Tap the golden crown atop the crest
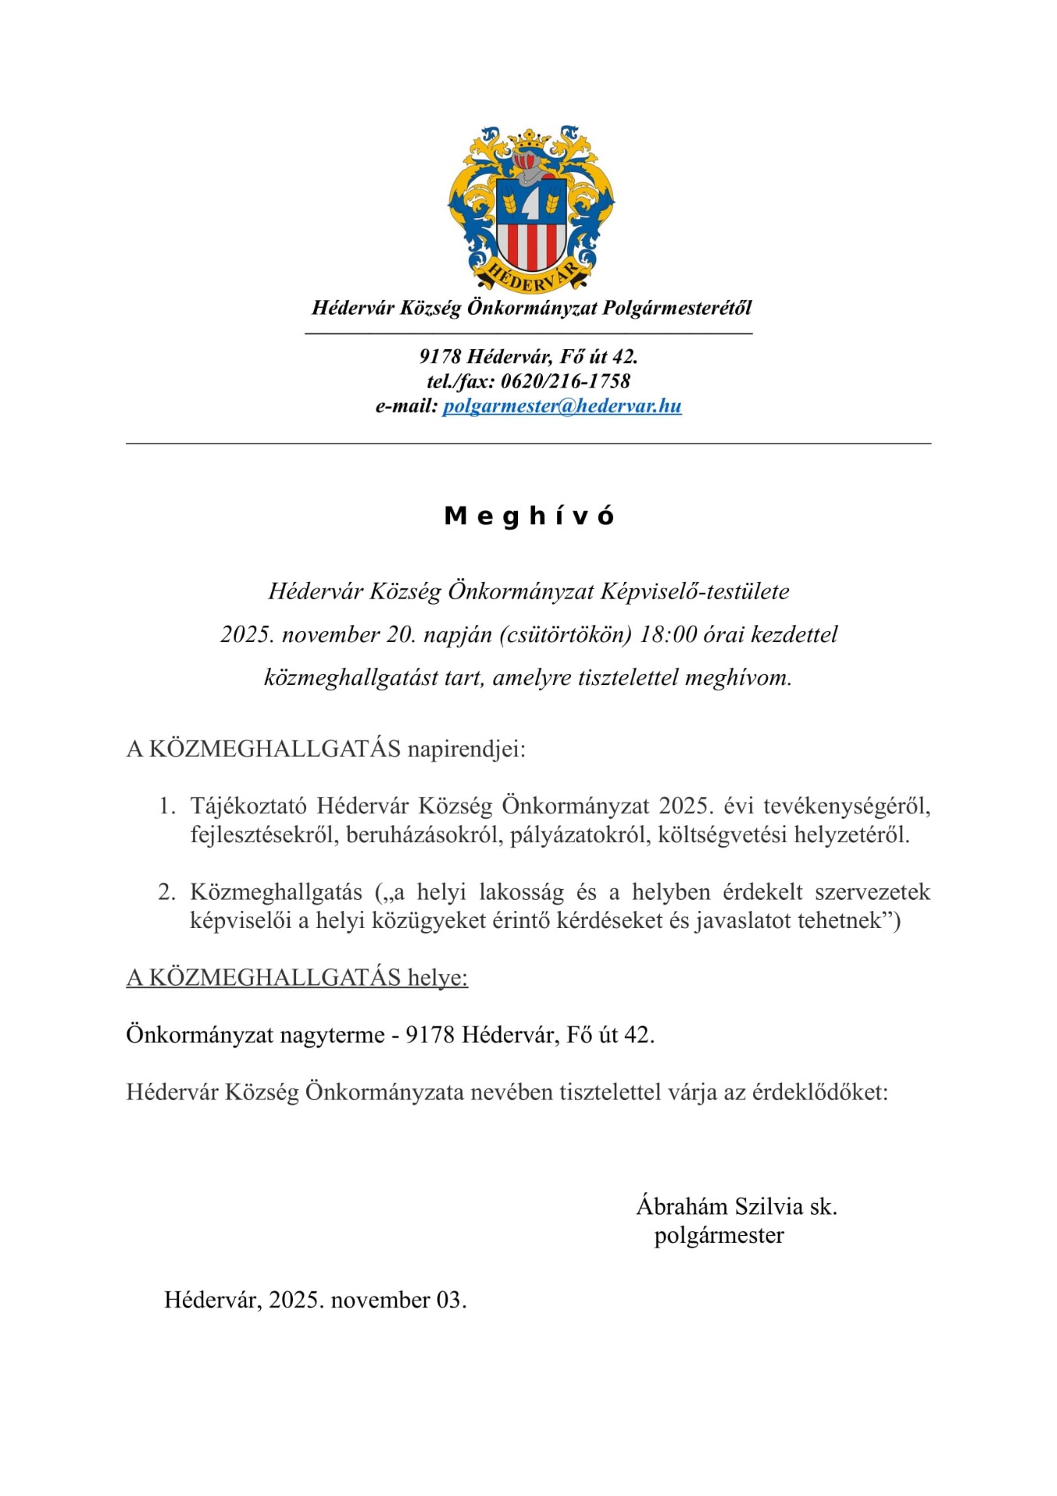(x=530, y=141)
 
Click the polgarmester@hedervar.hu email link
(x=562, y=406)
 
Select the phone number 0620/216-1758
(x=565, y=381)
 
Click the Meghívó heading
(x=529, y=516)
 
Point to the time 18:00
(x=668, y=634)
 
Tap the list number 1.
(x=166, y=806)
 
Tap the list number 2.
(x=166, y=891)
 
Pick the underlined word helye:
(x=437, y=977)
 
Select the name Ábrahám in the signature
(x=682, y=1206)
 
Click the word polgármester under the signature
(x=719, y=1235)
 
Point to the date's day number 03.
(x=451, y=1300)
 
